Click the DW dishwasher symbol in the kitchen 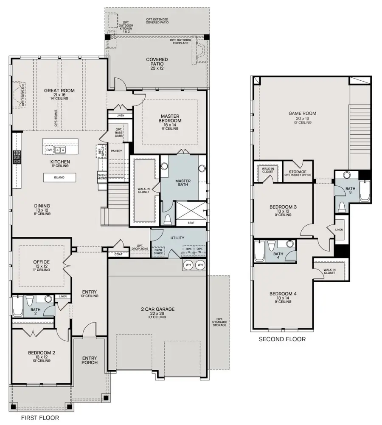tap(49, 150)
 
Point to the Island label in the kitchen tap(59, 178)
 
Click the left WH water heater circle tap(188, 265)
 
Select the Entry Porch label tap(90, 360)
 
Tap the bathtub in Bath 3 tap(365, 191)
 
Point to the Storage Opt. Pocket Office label tap(298, 174)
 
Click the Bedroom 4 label tap(283, 294)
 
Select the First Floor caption tap(40, 418)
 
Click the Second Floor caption tap(282, 339)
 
